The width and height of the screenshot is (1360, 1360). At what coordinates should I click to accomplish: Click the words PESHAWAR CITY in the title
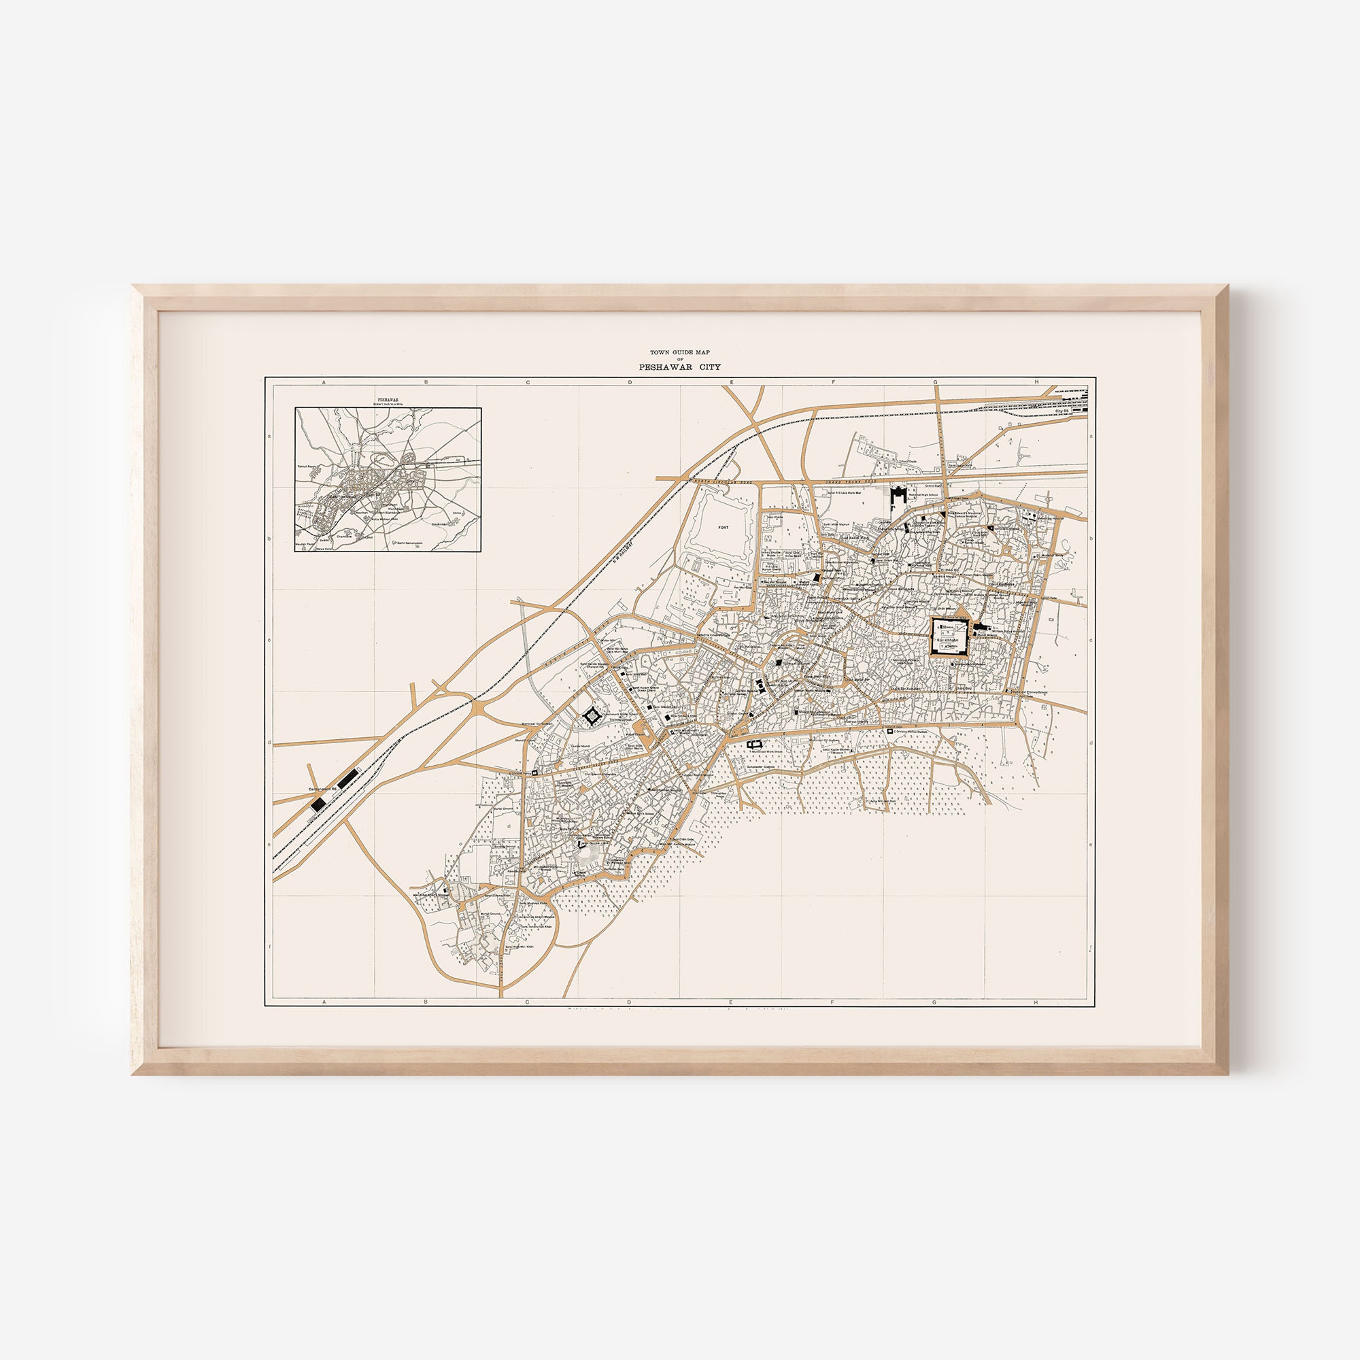pos(679,367)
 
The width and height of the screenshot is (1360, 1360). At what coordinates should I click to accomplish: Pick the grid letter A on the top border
pos(324,382)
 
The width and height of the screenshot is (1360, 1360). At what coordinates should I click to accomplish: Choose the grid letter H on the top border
pos(1036,382)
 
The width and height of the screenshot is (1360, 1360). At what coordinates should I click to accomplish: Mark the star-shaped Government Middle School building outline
pos(592,716)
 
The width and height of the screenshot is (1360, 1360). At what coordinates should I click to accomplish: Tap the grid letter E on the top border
pos(732,382)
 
